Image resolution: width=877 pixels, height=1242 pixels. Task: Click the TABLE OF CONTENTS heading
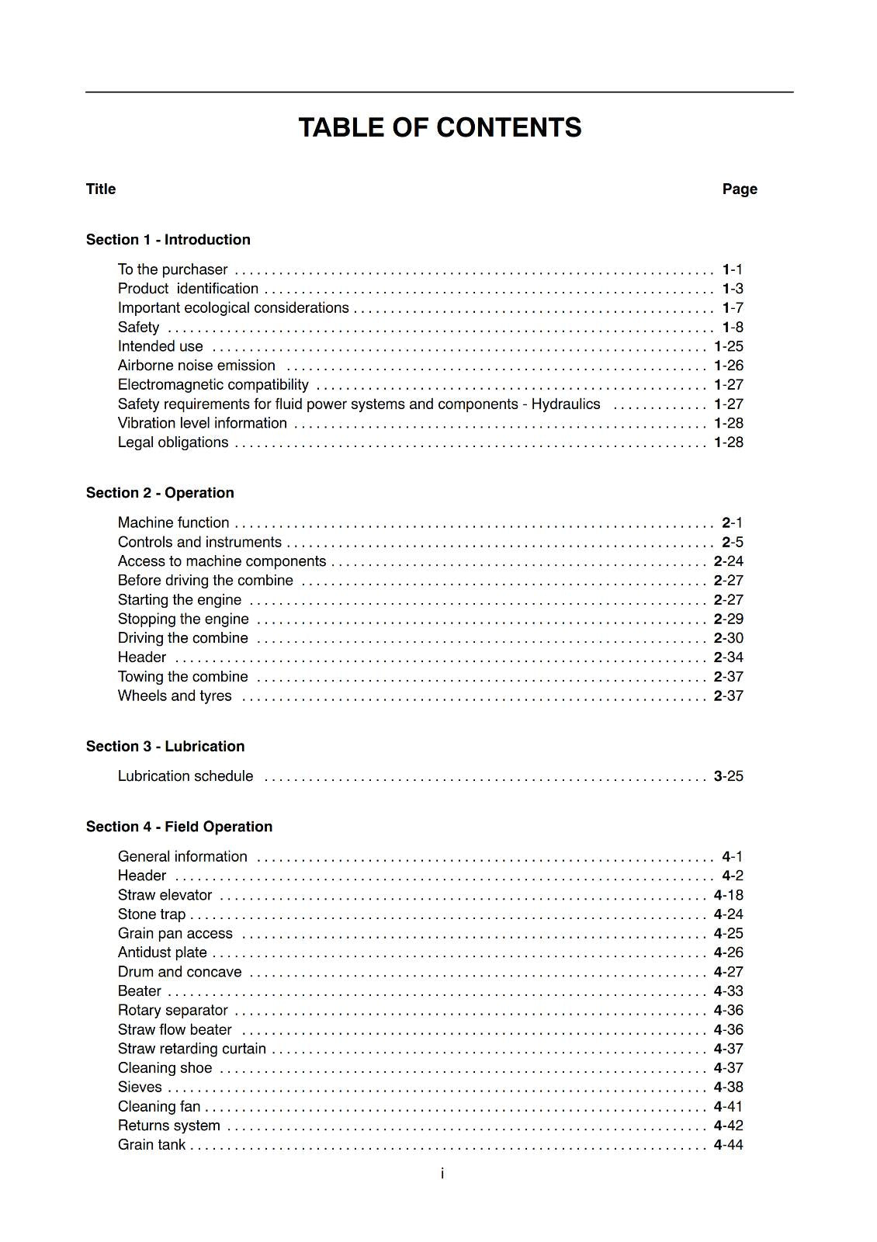pyautogui.click(x=439, y=128)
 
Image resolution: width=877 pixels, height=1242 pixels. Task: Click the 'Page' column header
pyautogui.click(x=739, y=189)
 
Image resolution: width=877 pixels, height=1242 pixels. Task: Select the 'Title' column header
pyautogui.click(x=101, y=189)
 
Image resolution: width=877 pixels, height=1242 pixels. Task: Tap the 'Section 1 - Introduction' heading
pyautogui.click(x=168, y=240)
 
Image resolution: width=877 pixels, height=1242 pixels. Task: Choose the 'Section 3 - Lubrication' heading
pyautogui.click(x=165, y=747)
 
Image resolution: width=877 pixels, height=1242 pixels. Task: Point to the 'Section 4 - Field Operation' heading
pyautogui.click(x=179, y=827)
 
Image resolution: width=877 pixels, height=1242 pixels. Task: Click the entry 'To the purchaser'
pyautogui.click(x=172, y=270)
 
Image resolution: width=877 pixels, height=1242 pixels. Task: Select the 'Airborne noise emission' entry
pyautogui.click(x=196, y=366)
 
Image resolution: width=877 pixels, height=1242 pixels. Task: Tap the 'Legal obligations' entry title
pyautogui.click(x=173, y=442)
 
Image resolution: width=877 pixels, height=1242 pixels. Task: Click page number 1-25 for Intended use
pyautogui.click(x=729, y=346)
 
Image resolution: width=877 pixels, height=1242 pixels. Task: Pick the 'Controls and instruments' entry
pyautogui.click(x=199, y=543)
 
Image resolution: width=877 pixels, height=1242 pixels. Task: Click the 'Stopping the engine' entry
pyautogui.click(x=183, y=619)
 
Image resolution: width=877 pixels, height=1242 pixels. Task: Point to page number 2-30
pyautogui.click(x=729, y=638)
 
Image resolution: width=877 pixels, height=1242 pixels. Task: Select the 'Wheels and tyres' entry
pyautogui.click(x=175, y=696)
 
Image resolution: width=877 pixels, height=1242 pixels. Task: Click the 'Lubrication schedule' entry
pyautogui.click(x=185, y=776)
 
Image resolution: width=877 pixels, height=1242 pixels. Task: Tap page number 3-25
pyautogui.click(x=729, y=776)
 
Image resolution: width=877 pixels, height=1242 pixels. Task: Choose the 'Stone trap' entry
pyautogui.click(x=151, y=914)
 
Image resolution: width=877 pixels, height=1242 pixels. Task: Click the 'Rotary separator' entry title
pyautogui.click(x=172, y=1011)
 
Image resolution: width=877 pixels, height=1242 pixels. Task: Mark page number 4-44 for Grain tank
pyautogui.click(x=729, y=1145)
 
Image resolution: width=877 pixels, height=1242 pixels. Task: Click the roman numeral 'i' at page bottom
pyautogui.click(x=442, y=1174)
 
